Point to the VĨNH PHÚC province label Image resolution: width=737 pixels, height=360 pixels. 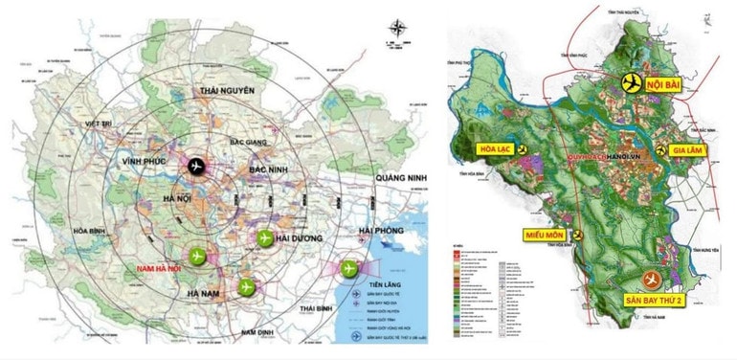pos(145,164)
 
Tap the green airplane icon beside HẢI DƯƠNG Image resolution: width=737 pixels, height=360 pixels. pos(263,236)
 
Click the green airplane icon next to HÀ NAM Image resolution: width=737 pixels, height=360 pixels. pos(247,285)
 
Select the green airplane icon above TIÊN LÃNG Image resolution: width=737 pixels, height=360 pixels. pos(347,269)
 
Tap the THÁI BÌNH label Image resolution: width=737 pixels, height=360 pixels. pos(321,309)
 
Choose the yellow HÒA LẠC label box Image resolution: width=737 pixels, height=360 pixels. pos(494,150)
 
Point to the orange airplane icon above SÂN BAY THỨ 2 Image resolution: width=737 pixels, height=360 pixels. pos(653,279)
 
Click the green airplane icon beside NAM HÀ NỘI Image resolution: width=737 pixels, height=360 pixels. pos(198,256)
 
